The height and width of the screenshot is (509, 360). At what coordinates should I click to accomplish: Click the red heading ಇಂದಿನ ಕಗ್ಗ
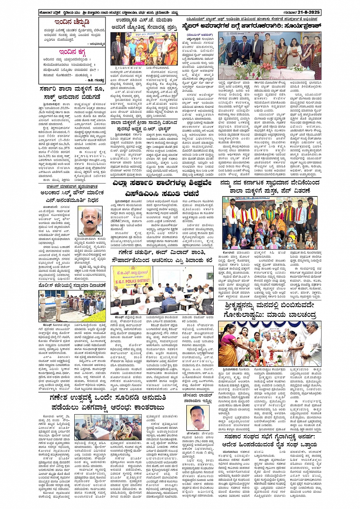tap(73, 52)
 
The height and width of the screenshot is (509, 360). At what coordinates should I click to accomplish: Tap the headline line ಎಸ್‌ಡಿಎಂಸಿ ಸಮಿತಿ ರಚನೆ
tap(163, 193)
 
